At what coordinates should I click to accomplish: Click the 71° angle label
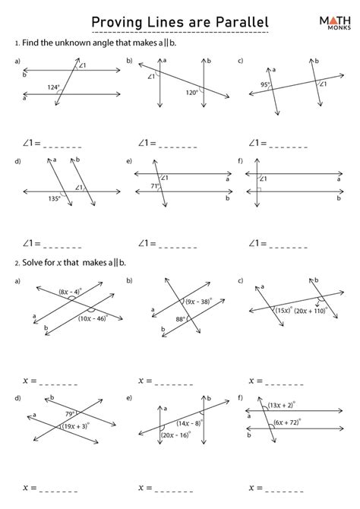[153, 185]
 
